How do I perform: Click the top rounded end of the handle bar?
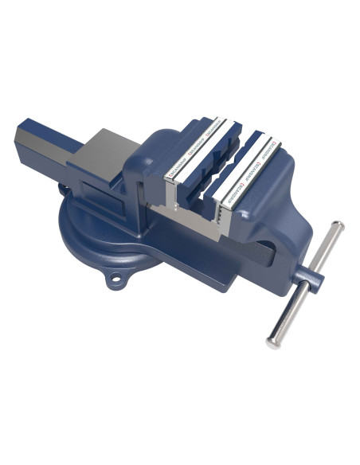(338, 227)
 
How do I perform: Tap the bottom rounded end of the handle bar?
(272, 342)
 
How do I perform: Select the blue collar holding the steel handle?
(313, 280)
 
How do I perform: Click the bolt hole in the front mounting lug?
(118, 279)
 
